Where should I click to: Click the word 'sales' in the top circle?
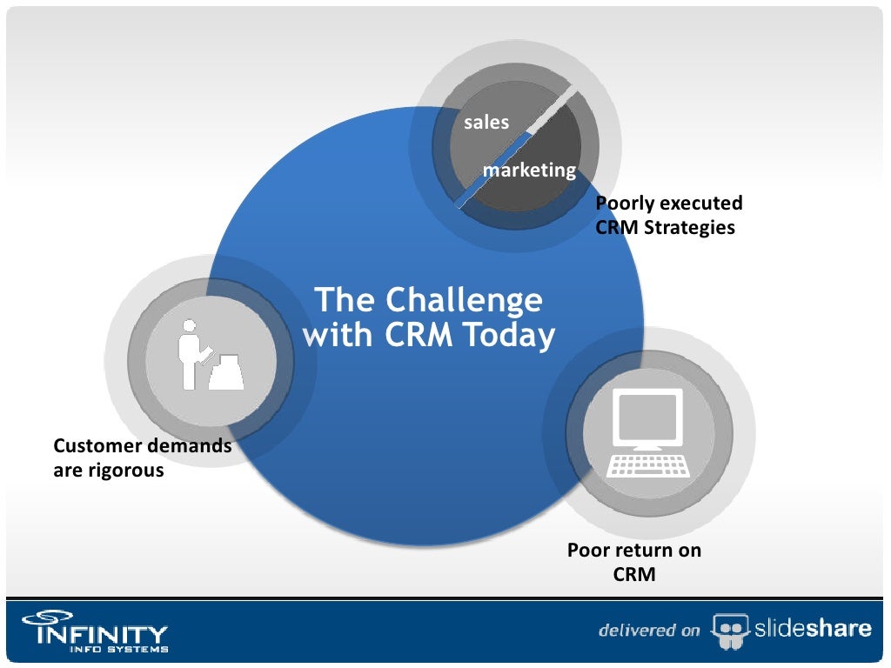(x=486, y=123)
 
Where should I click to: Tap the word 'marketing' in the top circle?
(x=529, y=170)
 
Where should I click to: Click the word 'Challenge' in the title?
(x=464, y=301)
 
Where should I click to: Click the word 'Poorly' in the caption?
(x=624, y=204)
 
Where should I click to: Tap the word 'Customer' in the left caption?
(x=97, y=446)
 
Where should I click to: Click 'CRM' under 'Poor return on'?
(x=634, y=575)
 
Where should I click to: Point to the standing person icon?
(x=189, y=353)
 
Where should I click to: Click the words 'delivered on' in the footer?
(x=649, y=631)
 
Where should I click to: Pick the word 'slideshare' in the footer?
(x=810, y=629)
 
